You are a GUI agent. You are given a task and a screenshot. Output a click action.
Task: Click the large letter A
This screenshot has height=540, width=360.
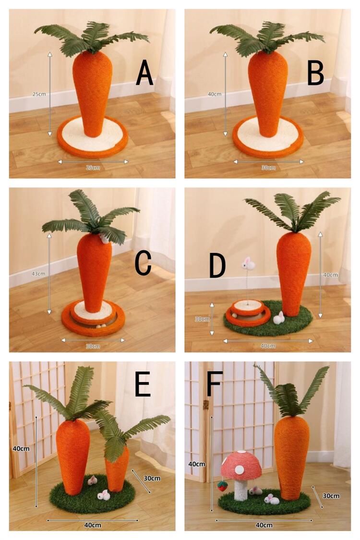(144, 72)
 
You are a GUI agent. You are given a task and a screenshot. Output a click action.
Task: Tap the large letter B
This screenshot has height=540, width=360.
(315, 72)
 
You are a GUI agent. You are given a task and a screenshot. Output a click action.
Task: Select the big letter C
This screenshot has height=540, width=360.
(143, 263)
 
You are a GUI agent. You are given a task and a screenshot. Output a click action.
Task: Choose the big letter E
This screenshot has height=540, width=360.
(143, 384)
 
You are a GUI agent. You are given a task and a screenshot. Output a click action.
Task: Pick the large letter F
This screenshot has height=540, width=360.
(214, 384)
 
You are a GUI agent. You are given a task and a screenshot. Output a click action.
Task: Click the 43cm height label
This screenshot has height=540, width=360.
(38, 274)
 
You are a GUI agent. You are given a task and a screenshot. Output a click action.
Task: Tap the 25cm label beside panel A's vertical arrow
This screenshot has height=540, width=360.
(39, 94)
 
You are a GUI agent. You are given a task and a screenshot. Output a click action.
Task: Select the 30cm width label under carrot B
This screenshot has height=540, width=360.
(268, 168)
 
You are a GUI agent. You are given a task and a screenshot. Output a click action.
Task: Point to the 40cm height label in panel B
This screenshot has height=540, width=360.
(215, 94)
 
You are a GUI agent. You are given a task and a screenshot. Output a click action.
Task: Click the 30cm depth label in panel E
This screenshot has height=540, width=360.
(152, 479)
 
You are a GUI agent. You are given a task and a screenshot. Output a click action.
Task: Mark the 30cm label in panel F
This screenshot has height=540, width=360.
(331, 496)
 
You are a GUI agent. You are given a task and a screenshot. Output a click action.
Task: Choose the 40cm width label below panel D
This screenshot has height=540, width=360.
(268, 346)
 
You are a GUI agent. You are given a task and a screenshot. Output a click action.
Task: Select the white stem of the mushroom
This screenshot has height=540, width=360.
(240, 490)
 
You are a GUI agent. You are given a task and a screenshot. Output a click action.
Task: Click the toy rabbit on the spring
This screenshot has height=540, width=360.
(248, 264)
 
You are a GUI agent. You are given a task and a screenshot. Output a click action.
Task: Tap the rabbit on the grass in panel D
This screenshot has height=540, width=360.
(279, 318)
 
